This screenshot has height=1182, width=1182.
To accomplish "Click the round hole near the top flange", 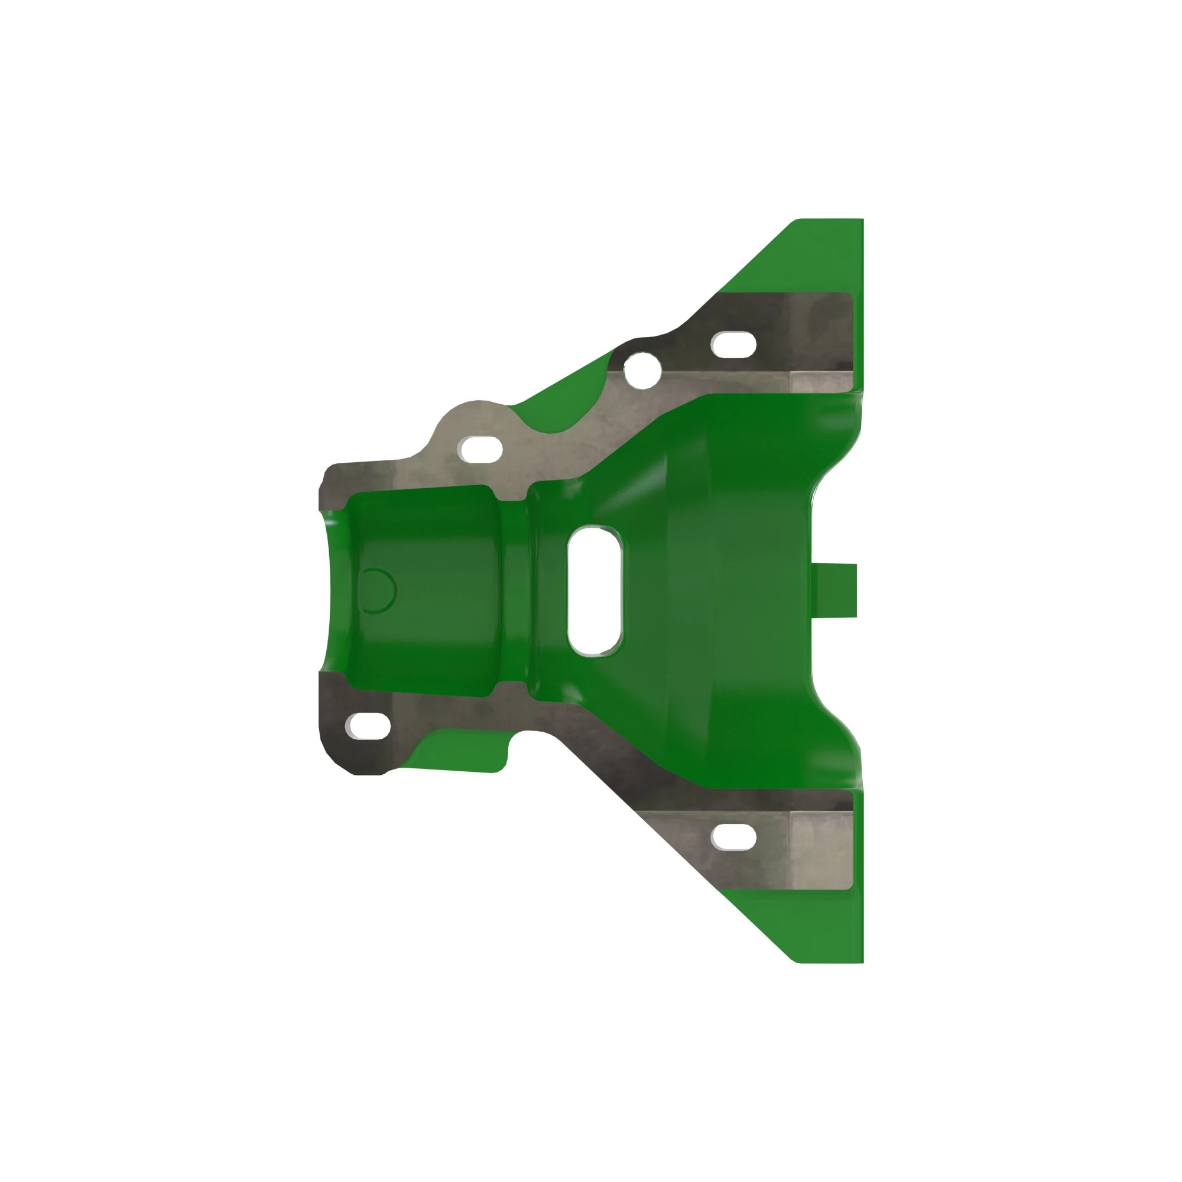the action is (x=642, y=370).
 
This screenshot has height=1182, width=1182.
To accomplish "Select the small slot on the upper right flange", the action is (x=733, y=345).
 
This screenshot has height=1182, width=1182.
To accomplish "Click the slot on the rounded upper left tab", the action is (x=480, y=450).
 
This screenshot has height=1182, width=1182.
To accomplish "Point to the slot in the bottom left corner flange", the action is (x=368, y=725).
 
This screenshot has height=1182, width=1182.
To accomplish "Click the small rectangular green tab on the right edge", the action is (x=835, y=590).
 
